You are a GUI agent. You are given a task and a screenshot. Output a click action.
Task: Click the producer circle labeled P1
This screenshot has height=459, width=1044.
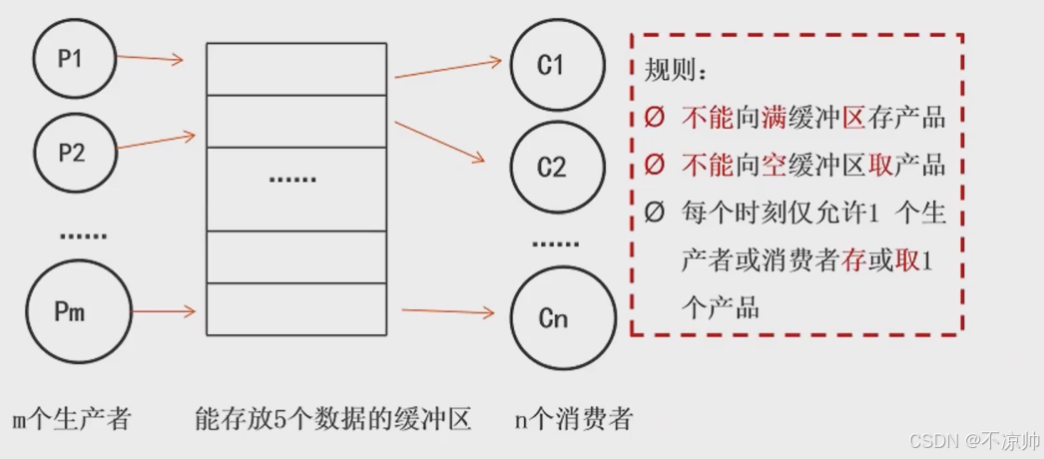pos(71,57)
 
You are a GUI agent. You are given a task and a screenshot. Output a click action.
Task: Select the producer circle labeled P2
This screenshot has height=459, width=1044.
pos(72,152)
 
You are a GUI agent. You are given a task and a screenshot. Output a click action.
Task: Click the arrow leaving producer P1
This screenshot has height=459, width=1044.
pos(150,59)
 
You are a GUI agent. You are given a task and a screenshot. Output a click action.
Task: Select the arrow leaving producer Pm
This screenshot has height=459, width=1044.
pos(164,312)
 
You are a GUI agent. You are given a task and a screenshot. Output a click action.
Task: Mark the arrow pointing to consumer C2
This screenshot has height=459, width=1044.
pos(439,142)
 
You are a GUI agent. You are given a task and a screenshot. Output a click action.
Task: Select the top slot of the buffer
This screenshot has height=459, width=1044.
pos(295,68)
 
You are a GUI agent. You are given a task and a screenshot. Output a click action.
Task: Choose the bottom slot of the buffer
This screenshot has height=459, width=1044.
pos(295,309)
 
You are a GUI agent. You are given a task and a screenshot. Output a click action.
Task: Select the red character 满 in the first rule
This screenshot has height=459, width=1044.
pos(775,118)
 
